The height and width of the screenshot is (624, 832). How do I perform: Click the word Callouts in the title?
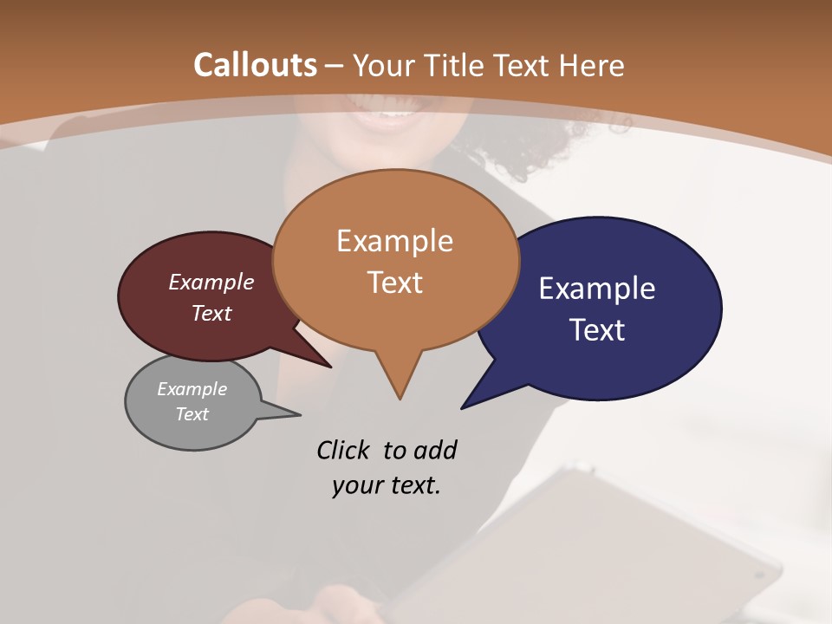click(x=255, y=65)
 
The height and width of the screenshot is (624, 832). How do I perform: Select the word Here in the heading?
click(x=590, y=65)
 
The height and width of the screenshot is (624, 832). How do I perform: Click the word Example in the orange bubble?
click(x=394, y=241)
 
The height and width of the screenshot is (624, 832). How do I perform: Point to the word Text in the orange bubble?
click(x=394, y=283)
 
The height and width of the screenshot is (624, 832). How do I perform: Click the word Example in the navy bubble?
click(x=597, y=289)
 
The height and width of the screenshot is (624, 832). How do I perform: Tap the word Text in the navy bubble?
click(x=597, y=330)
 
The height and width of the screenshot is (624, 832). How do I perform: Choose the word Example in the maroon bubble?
click(x=211, y=283)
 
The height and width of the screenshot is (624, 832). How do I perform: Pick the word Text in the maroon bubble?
click(x=211, y=314)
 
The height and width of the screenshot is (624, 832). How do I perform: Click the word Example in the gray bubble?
click(x=192, y=389)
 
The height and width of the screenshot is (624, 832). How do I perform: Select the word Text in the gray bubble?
click(x=192, y=414)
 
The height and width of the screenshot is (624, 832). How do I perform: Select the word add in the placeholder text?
click(x=435, y=451)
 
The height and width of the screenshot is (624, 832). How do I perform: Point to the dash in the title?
click(x=335, y=66)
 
